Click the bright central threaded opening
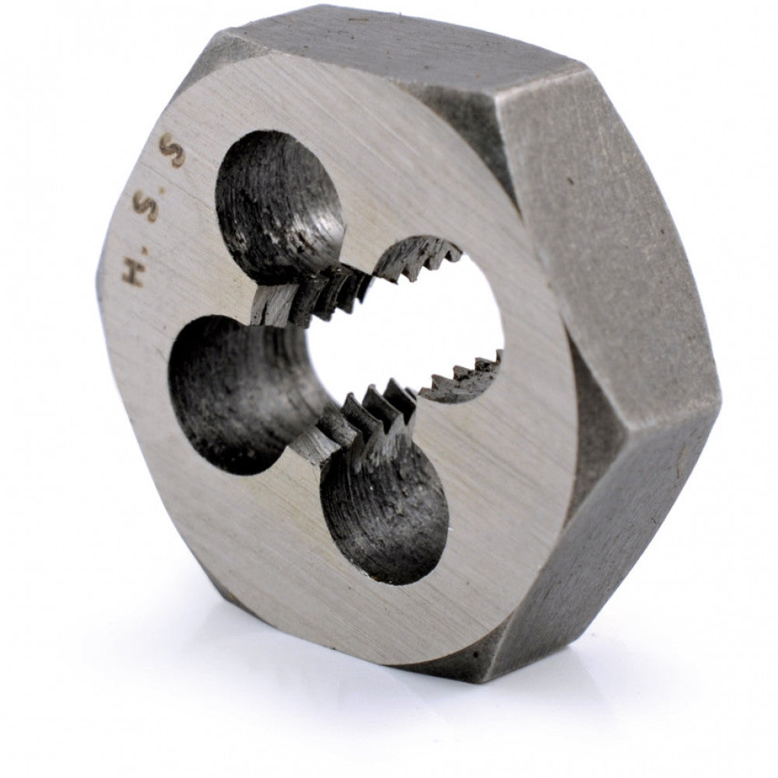(x=405, y=327)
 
